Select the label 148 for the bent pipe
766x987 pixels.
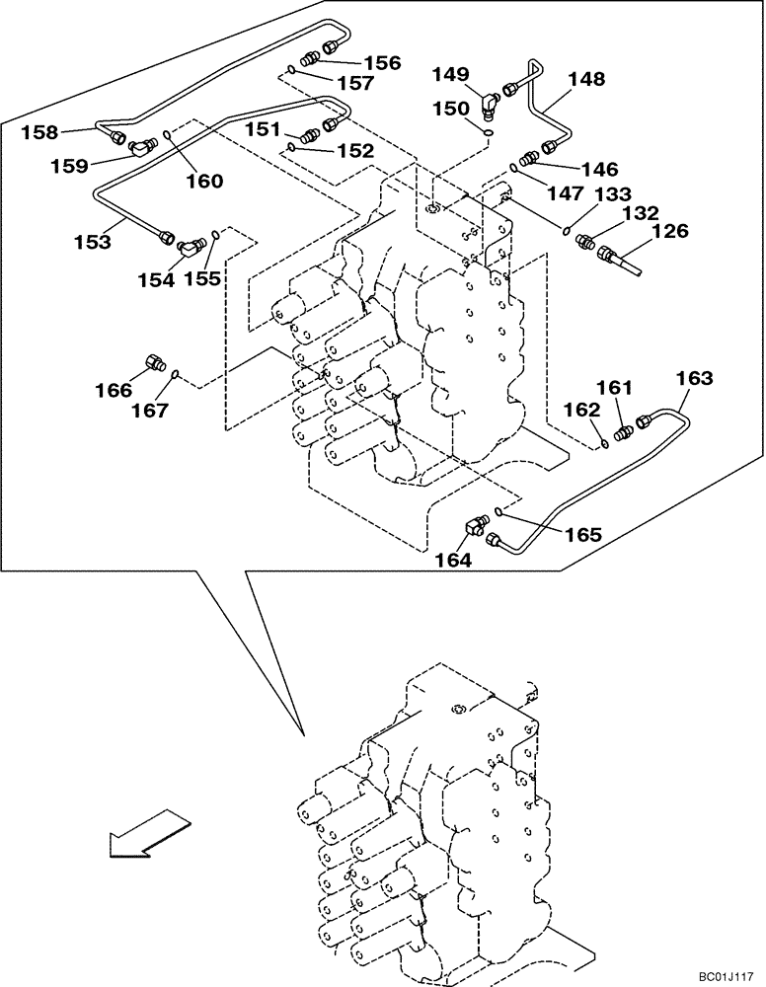click(x=586, y=79)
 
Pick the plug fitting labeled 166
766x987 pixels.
click(x=154, y=362)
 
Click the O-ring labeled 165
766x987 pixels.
click(x=500, y=511)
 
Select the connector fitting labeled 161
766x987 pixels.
click(x=622, y=432)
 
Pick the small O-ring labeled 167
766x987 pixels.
click(x=174, y=374)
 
